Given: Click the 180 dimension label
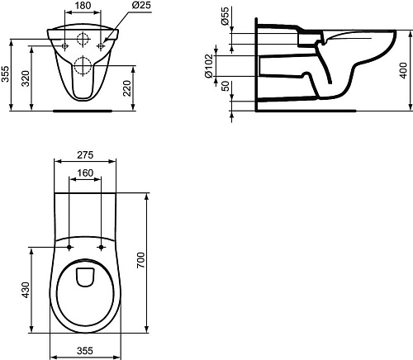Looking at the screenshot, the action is tap(83, 5).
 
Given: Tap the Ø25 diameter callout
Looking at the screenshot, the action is tap(141, 5).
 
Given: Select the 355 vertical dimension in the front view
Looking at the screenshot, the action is tap(5, 73).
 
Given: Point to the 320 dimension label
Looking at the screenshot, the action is tap(26, 78).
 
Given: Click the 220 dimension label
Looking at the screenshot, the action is tap(126, 88).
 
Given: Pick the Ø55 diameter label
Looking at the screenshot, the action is tap(225, 16).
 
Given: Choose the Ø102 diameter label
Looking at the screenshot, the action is tap(209, 66).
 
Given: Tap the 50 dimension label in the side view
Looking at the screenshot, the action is tap(225, 87).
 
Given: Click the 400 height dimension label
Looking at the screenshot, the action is tap(403, 70).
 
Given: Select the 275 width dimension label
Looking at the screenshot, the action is tap(85, 155).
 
